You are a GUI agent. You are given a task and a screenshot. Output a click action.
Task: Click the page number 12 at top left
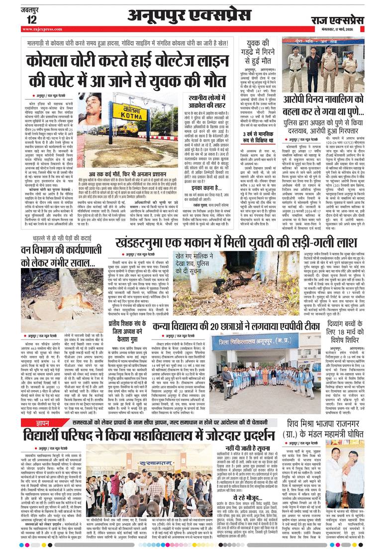[x=31, y=19]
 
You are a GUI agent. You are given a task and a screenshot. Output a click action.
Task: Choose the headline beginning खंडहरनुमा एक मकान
[x=236, y=243]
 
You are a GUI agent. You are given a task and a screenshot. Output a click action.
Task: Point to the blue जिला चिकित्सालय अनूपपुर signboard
[x=264, y=347]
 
